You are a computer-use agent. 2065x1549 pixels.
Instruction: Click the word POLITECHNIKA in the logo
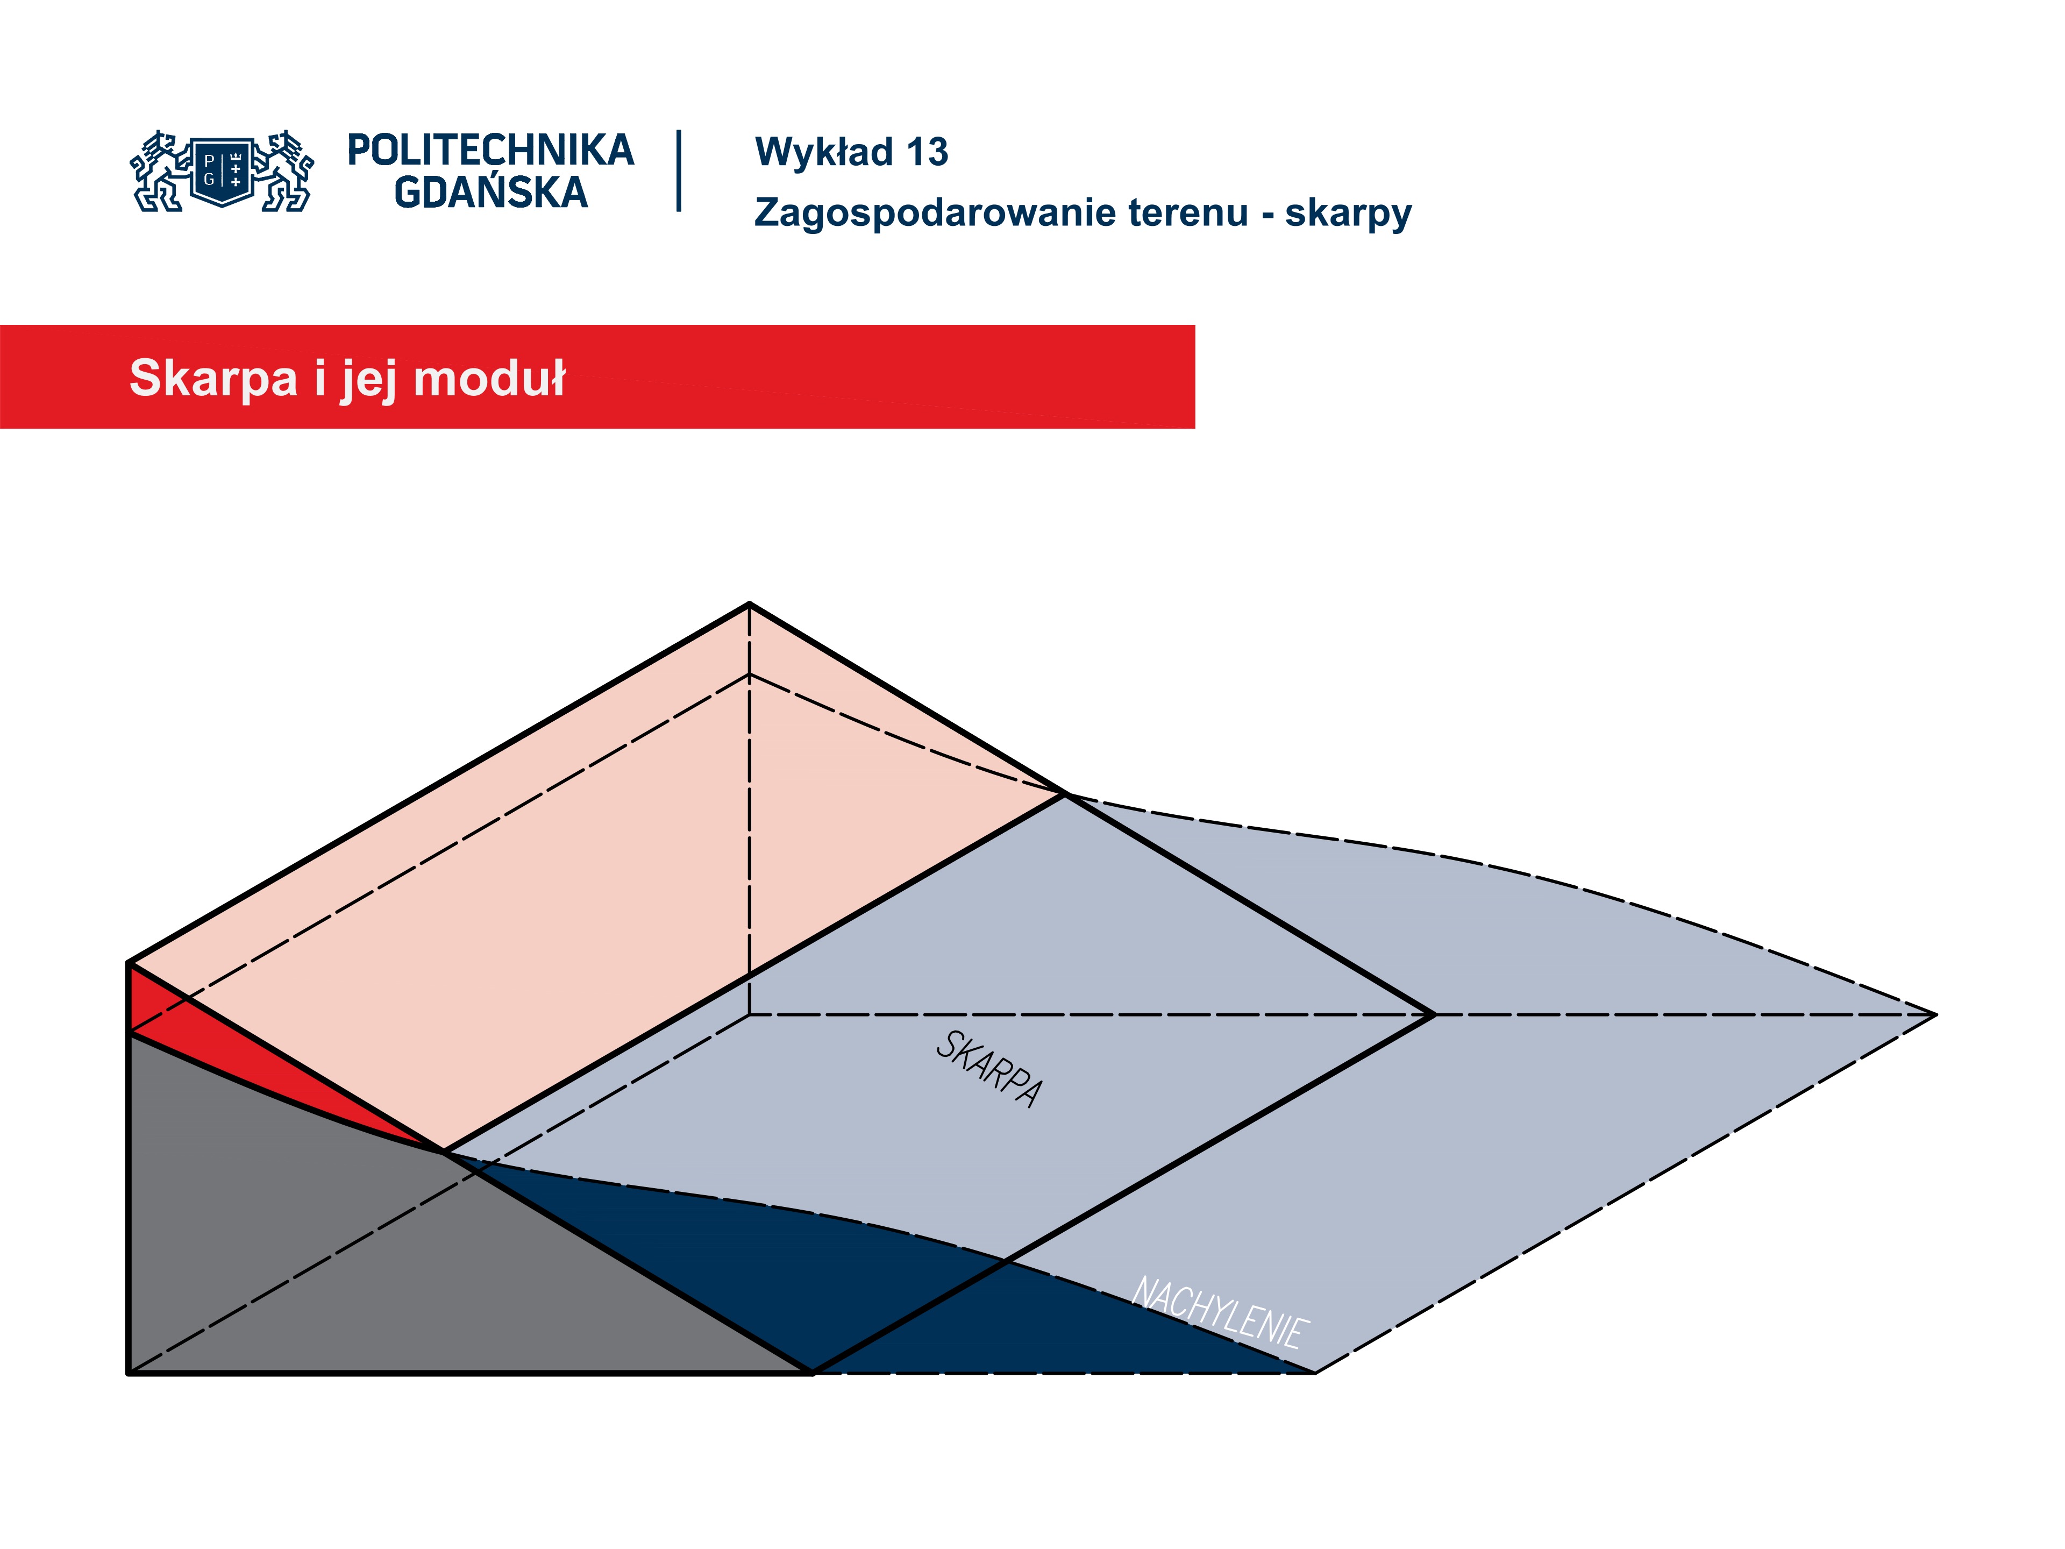coord(490,150)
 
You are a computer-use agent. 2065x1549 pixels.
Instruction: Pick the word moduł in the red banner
coord(489,378)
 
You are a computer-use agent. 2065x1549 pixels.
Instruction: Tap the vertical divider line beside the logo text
coord(679,171)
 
